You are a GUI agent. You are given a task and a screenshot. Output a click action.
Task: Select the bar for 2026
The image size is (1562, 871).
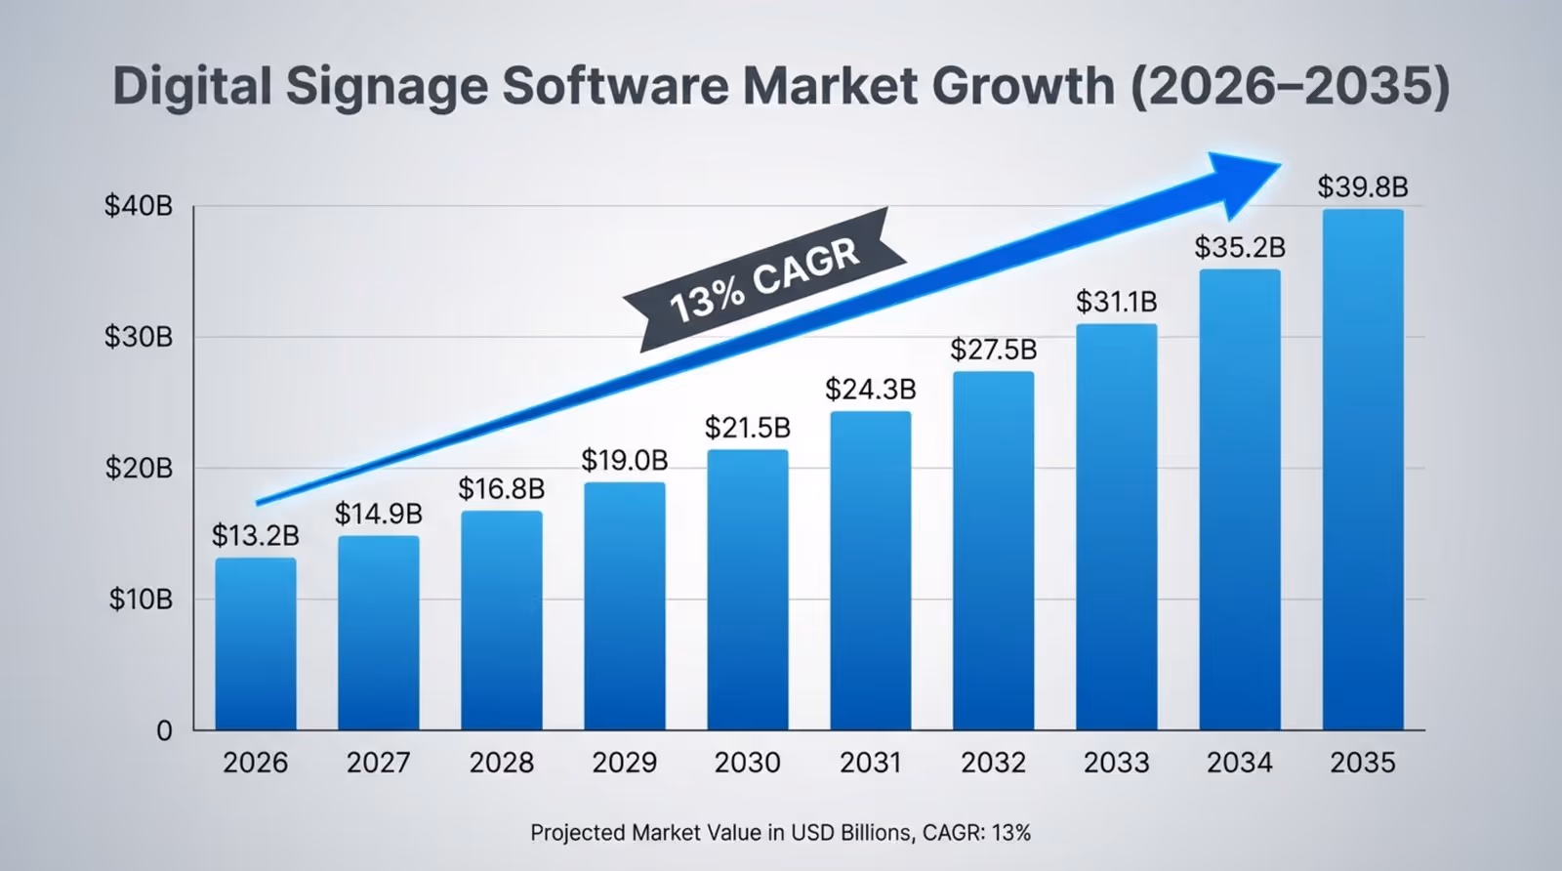point(256,644)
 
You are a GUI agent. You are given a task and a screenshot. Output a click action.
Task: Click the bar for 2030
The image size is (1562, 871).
point(748,590)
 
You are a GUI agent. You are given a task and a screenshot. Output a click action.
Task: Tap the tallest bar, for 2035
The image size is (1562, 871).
point(1363,469)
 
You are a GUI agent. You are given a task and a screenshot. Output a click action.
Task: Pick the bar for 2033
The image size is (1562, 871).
point(1117,527)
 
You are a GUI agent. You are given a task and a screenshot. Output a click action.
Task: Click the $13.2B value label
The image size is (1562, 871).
point(256,536)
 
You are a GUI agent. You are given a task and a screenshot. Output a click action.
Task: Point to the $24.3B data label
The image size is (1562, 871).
point(871,390)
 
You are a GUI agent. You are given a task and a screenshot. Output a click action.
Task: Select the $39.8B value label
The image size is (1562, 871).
point(1363,187)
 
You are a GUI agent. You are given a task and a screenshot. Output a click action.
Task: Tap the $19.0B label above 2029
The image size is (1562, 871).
point(625,460)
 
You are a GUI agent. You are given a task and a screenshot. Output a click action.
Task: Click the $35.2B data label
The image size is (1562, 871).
point(1240,247)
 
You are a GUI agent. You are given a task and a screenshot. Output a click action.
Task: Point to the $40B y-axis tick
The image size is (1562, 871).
point(139,207)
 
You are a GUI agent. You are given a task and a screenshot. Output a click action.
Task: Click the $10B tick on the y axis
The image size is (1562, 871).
point(141,599)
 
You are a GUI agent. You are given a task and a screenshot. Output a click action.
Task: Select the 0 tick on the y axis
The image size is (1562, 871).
point(164,730)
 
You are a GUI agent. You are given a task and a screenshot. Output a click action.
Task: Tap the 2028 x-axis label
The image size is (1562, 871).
point(502,763)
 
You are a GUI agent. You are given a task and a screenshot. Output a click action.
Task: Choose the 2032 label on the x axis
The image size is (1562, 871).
point(994,763)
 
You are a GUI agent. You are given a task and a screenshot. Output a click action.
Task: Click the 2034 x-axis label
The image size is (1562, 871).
point(1240,763)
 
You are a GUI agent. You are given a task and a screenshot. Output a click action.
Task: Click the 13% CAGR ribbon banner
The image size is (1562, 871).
point(765,279)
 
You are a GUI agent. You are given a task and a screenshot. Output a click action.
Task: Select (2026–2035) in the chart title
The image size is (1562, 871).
point(1290,86)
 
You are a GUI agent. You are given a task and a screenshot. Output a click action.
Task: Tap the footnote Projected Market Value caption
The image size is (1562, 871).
point(780,833)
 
